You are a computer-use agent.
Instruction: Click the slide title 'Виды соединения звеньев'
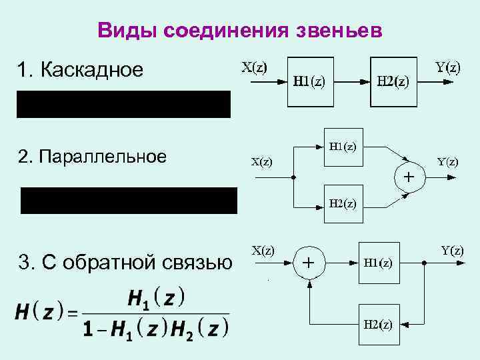[240, 30]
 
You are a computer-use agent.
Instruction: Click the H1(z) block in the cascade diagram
[310, 82]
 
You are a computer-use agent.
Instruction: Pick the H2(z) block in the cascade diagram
[393, 82]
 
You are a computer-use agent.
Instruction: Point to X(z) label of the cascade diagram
[254, 67]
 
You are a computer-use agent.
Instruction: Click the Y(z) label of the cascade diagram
[447, 67]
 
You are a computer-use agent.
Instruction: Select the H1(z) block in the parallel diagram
[343, 147]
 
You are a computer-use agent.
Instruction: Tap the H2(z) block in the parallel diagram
[343, 203]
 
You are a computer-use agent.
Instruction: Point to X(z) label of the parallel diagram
[261, 161]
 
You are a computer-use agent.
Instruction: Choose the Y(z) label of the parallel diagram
[447, 161]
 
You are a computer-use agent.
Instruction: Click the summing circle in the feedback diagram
[309, 263]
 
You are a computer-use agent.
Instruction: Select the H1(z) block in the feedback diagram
[378, 263]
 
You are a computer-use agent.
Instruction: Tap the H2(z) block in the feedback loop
[378, 325]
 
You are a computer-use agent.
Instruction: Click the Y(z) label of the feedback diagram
[453, 251]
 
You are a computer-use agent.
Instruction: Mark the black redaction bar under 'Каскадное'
[123, 105]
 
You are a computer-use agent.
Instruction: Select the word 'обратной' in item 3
[116, 263]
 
